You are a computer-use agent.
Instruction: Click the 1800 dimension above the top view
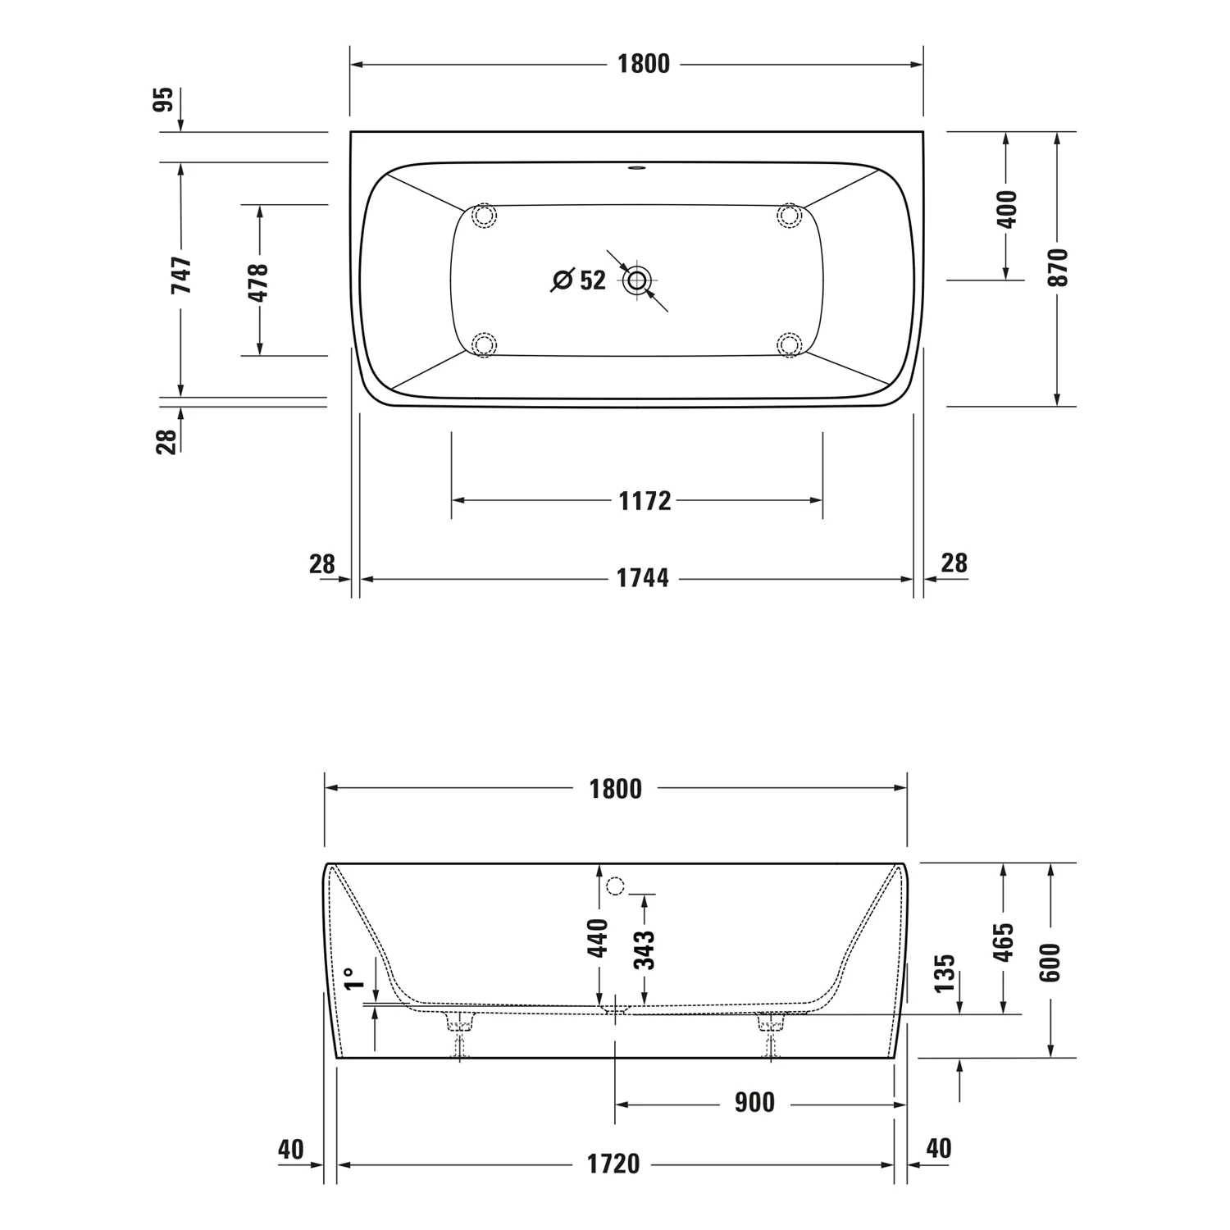(x=644, y=64)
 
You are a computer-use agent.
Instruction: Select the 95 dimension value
(x=165, y=99)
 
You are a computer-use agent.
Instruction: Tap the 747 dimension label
(x=181, y=276)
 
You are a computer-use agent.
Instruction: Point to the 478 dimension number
(x=258, y=283)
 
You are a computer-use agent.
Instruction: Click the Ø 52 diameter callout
(x=578, y=280)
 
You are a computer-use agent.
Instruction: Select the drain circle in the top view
(x=637, y=280)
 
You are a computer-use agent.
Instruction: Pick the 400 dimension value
(x=1008, y=209)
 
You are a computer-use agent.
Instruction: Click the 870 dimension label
(x=1059, y=267)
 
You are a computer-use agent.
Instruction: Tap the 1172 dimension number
(x=645, y=501)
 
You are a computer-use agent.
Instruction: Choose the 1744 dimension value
(x=643, y=579)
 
